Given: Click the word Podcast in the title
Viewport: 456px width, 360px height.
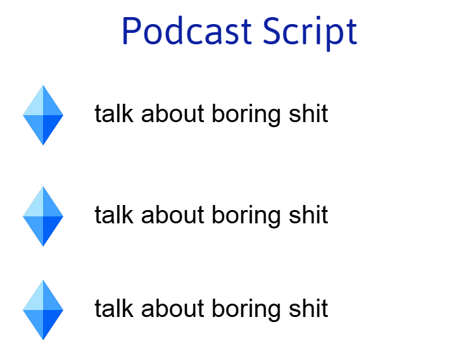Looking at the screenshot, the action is click(187, 30).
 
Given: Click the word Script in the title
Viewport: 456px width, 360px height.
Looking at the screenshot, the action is click(310, 34).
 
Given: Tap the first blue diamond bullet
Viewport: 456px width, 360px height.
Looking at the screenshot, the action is click(43, 115).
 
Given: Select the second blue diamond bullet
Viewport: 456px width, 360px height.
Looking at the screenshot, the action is click(43, 216).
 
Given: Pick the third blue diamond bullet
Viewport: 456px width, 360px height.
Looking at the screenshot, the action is click(43, 310).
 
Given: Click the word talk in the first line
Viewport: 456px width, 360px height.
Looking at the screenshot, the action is click(114, 113).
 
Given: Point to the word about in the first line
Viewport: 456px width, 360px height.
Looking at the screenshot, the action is click(173, 113).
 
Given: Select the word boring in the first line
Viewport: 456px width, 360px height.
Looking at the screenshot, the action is click(246, 115).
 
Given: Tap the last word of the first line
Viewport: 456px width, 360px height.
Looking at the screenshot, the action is click(308, 113).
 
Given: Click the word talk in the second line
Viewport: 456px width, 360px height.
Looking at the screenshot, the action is click(114, 214).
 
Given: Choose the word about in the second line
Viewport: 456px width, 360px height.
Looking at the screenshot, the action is click(173, 214).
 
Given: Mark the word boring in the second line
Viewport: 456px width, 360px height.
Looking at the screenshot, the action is click(246, 216).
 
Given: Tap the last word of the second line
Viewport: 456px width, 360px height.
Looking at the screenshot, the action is click(308, 214).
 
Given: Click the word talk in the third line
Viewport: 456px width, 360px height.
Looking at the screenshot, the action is click(114, 308).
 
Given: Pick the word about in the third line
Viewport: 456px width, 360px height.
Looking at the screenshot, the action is click(173, 308).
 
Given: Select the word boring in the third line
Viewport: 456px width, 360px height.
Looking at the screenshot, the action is click(246, 310).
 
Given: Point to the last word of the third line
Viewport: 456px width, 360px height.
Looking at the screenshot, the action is click(308, 308).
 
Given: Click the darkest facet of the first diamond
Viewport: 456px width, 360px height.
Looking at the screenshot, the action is click(50, 125).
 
